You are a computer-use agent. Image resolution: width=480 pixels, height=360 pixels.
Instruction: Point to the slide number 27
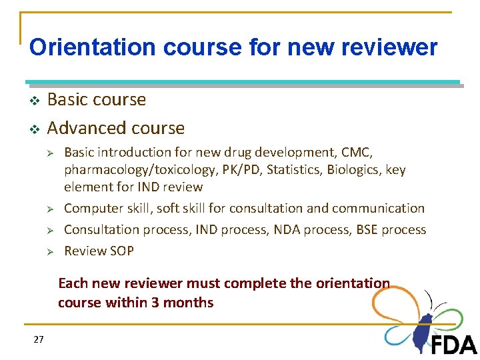[x=38, y=340]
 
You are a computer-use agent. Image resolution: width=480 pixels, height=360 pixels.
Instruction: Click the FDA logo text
[x=454, y=345]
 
